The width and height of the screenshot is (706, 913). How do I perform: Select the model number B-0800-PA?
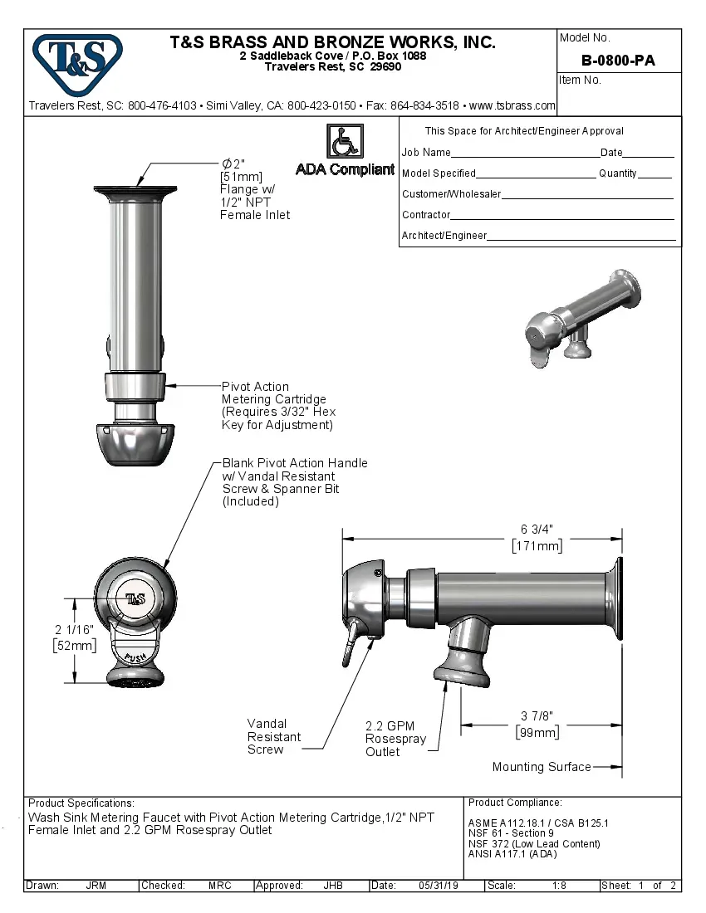618,61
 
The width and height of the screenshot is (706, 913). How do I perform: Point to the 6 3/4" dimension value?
537,530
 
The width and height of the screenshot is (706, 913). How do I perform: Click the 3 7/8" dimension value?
537,716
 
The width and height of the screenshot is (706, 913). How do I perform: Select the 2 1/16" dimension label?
73,630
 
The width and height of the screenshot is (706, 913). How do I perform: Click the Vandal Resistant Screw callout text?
273,736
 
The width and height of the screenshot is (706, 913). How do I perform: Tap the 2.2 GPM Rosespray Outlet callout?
395,739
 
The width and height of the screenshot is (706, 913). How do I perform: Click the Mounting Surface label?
541,767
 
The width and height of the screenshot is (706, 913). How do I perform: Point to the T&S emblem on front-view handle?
135,598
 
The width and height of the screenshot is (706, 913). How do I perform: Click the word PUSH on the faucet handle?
135,657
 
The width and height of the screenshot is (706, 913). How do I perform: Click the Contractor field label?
426,215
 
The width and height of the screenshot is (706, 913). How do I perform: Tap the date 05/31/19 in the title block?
438,886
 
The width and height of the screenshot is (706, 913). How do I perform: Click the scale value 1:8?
559,886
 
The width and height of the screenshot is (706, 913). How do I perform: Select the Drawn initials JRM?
96,886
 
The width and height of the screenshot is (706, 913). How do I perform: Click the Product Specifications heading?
81,803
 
